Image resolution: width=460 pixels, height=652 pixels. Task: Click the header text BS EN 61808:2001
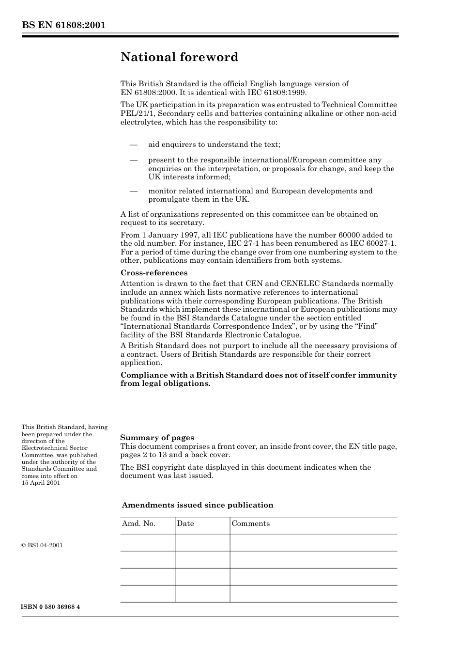(x=63, y=25)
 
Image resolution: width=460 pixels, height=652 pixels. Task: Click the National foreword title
(x=179, y=57)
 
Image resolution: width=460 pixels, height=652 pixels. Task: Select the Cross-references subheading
(x=153, y=273)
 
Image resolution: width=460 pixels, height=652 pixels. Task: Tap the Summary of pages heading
(x=157, y=438)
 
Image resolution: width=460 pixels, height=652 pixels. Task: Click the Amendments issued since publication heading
(x=198, y=505)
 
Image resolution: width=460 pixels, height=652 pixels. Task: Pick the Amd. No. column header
(x=138, y=524)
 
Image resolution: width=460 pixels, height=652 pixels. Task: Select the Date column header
(x=185, y=524)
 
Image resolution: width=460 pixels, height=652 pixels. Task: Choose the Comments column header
(x=250, y=524)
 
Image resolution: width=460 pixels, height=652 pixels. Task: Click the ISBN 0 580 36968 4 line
(x=51, y=607)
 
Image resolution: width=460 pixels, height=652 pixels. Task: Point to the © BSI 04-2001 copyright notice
(x=42, y=545)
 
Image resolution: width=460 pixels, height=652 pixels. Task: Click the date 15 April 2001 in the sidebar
(x=41, y=483)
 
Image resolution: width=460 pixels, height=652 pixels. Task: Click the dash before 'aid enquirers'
(x=134, y=144)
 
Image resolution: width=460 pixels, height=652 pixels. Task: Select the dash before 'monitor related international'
(x=134, y=191)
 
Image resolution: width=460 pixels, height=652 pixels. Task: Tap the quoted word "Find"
(x=364, y=326)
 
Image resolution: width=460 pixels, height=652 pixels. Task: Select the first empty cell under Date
(x=202, y=542)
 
